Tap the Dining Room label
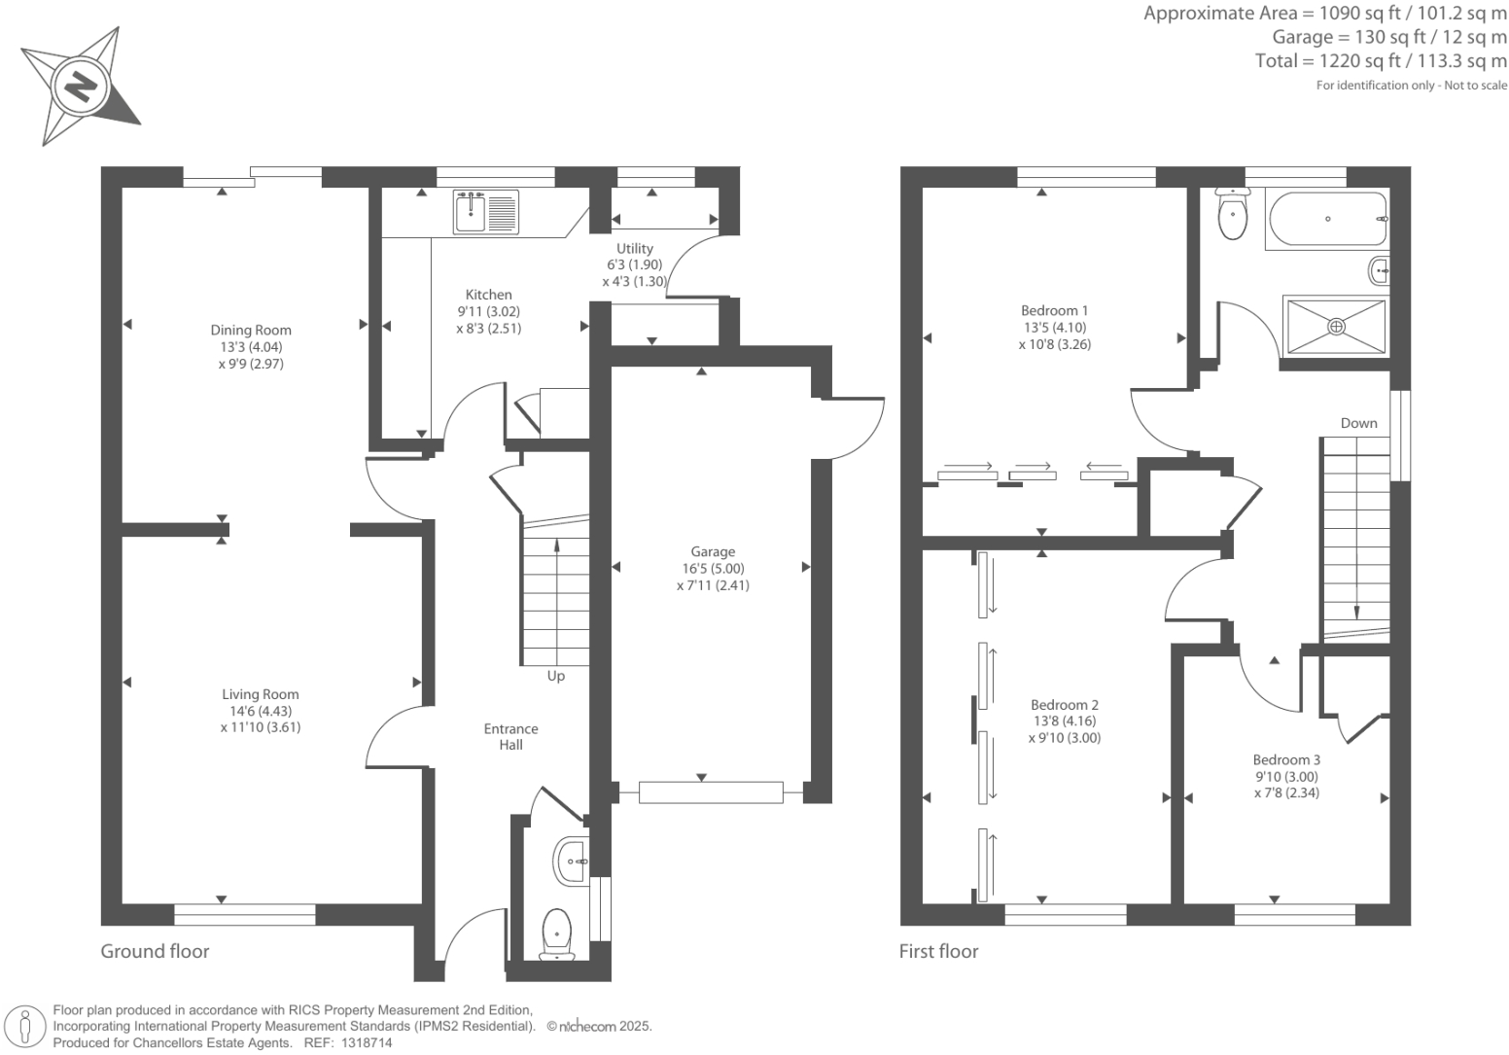coord(251,331)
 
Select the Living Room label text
coord(260,694)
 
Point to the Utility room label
coord(634,249)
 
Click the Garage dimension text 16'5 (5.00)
coord(713,569)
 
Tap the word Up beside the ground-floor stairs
coord(555,676)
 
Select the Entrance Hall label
coord(510,737)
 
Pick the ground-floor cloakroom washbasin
coord(571,861)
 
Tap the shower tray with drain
coord(1336,327)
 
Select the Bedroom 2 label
coord(1065,705)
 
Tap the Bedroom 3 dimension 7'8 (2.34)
coord(1286,792)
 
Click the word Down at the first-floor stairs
coord(1358,423)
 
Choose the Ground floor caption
coord(155,951)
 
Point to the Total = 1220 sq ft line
coord(1381,61)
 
